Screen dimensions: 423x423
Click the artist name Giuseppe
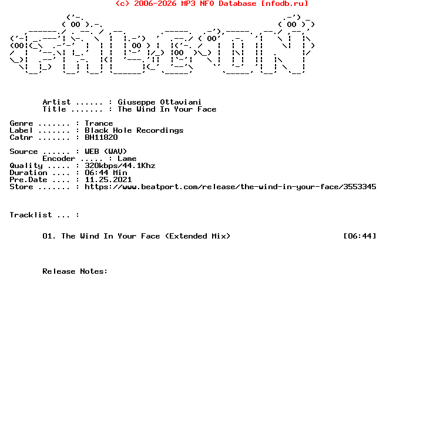click(136, 102)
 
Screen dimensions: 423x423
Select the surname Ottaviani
click(181, 102)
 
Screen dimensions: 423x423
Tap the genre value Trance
click(99, 123)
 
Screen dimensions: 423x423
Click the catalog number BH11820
click(102, 137)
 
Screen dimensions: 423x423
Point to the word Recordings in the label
click(160, 130)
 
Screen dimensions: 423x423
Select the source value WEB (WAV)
click(106, 152)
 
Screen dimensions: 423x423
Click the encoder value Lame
click(127, 159)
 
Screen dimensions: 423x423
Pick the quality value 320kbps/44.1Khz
click(120, 165)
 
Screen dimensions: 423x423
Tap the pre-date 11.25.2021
click(109, 180)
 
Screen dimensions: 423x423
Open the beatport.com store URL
click(231, 187)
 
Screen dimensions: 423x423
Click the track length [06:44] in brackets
click(360, 236)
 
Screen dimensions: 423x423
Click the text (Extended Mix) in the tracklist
click(198, 236)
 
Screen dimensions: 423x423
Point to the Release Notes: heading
click(75, 271)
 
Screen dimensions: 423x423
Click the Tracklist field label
click(31, 215)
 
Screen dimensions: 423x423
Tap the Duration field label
click(29, 173)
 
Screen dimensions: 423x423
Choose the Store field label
click(21, 187)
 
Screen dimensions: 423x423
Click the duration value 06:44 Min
click(106, 173)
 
